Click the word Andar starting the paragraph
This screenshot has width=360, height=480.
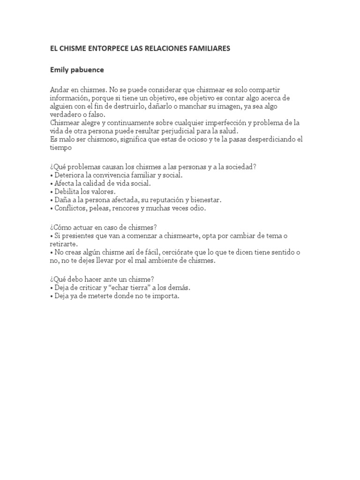tap(60, 90)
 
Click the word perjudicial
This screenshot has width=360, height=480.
tap(169, 131)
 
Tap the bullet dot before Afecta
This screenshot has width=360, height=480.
tap(52, 184)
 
